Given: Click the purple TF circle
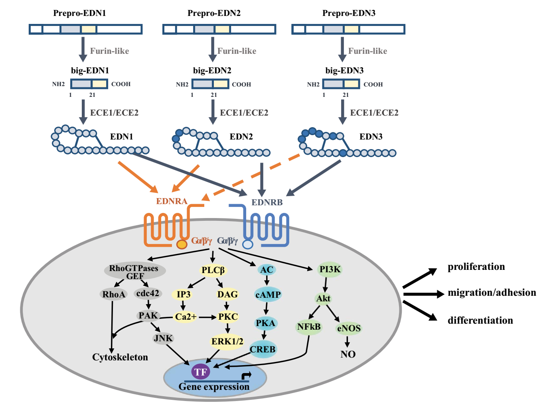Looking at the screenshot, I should coord(200,372).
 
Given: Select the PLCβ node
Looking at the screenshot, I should coord(213,270).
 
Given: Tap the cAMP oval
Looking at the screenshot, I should coord(268,295).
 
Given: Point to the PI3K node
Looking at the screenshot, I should coord(330,269).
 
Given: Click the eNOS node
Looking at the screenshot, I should coord(349,328).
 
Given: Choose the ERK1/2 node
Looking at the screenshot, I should coord(227,342).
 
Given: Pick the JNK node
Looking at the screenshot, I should coord(163,338).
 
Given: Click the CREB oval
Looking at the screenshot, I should coord(263,350).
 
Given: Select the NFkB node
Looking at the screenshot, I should coord(309,327).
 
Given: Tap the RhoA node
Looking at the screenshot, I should coord(114,295).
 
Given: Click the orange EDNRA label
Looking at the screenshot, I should coord(172,201).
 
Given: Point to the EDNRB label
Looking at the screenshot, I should coord(267,202).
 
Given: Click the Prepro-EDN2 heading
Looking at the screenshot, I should coord(214,13).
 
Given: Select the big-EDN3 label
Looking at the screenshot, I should coord(344,71).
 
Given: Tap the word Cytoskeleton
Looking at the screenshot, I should coord(120,357).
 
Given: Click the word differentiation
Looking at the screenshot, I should coord(480,320).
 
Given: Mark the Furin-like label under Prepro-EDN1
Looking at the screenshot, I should coord(109,51).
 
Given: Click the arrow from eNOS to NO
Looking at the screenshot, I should coord(348,341).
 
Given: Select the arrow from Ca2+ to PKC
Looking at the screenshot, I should coord(207,317).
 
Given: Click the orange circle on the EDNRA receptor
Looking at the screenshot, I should coord(182,244).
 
